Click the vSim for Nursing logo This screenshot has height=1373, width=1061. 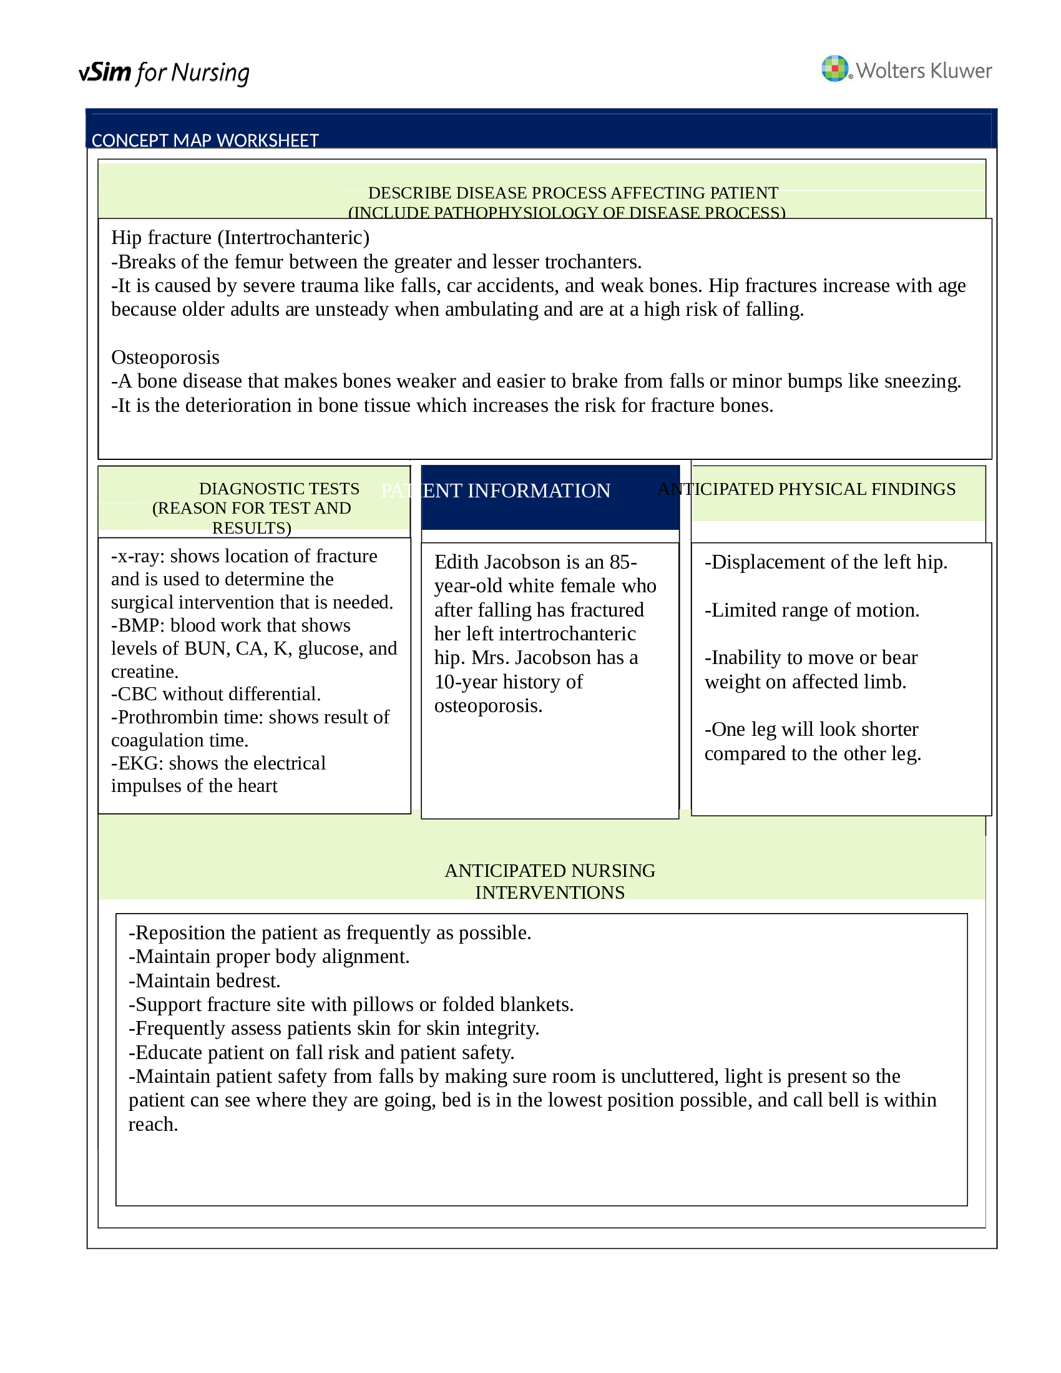pyautogui.click(x=164, y=73)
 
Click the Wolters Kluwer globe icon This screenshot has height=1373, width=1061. pyautogui.click(x=834, y=68)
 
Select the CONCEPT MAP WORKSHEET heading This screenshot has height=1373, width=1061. pyautogui.click(x=205, y=140)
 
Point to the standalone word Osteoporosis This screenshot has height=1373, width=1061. pyautogui.click(x=165, y=357)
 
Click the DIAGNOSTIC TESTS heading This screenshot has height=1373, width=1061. pyautogui.click(x=279, y=489)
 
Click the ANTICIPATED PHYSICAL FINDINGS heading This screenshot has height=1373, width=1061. pyautogui.click(x=806, y=489)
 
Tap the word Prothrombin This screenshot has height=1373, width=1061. pyautogui.click(x=166, y=717)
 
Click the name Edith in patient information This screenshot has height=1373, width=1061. pyautogui.click(x=456, y=562)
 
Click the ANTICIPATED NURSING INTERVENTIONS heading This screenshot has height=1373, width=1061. pyautogui.click(x=549, y=881)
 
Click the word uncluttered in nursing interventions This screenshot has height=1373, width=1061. pyautogui.click(x=669, y=1077)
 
